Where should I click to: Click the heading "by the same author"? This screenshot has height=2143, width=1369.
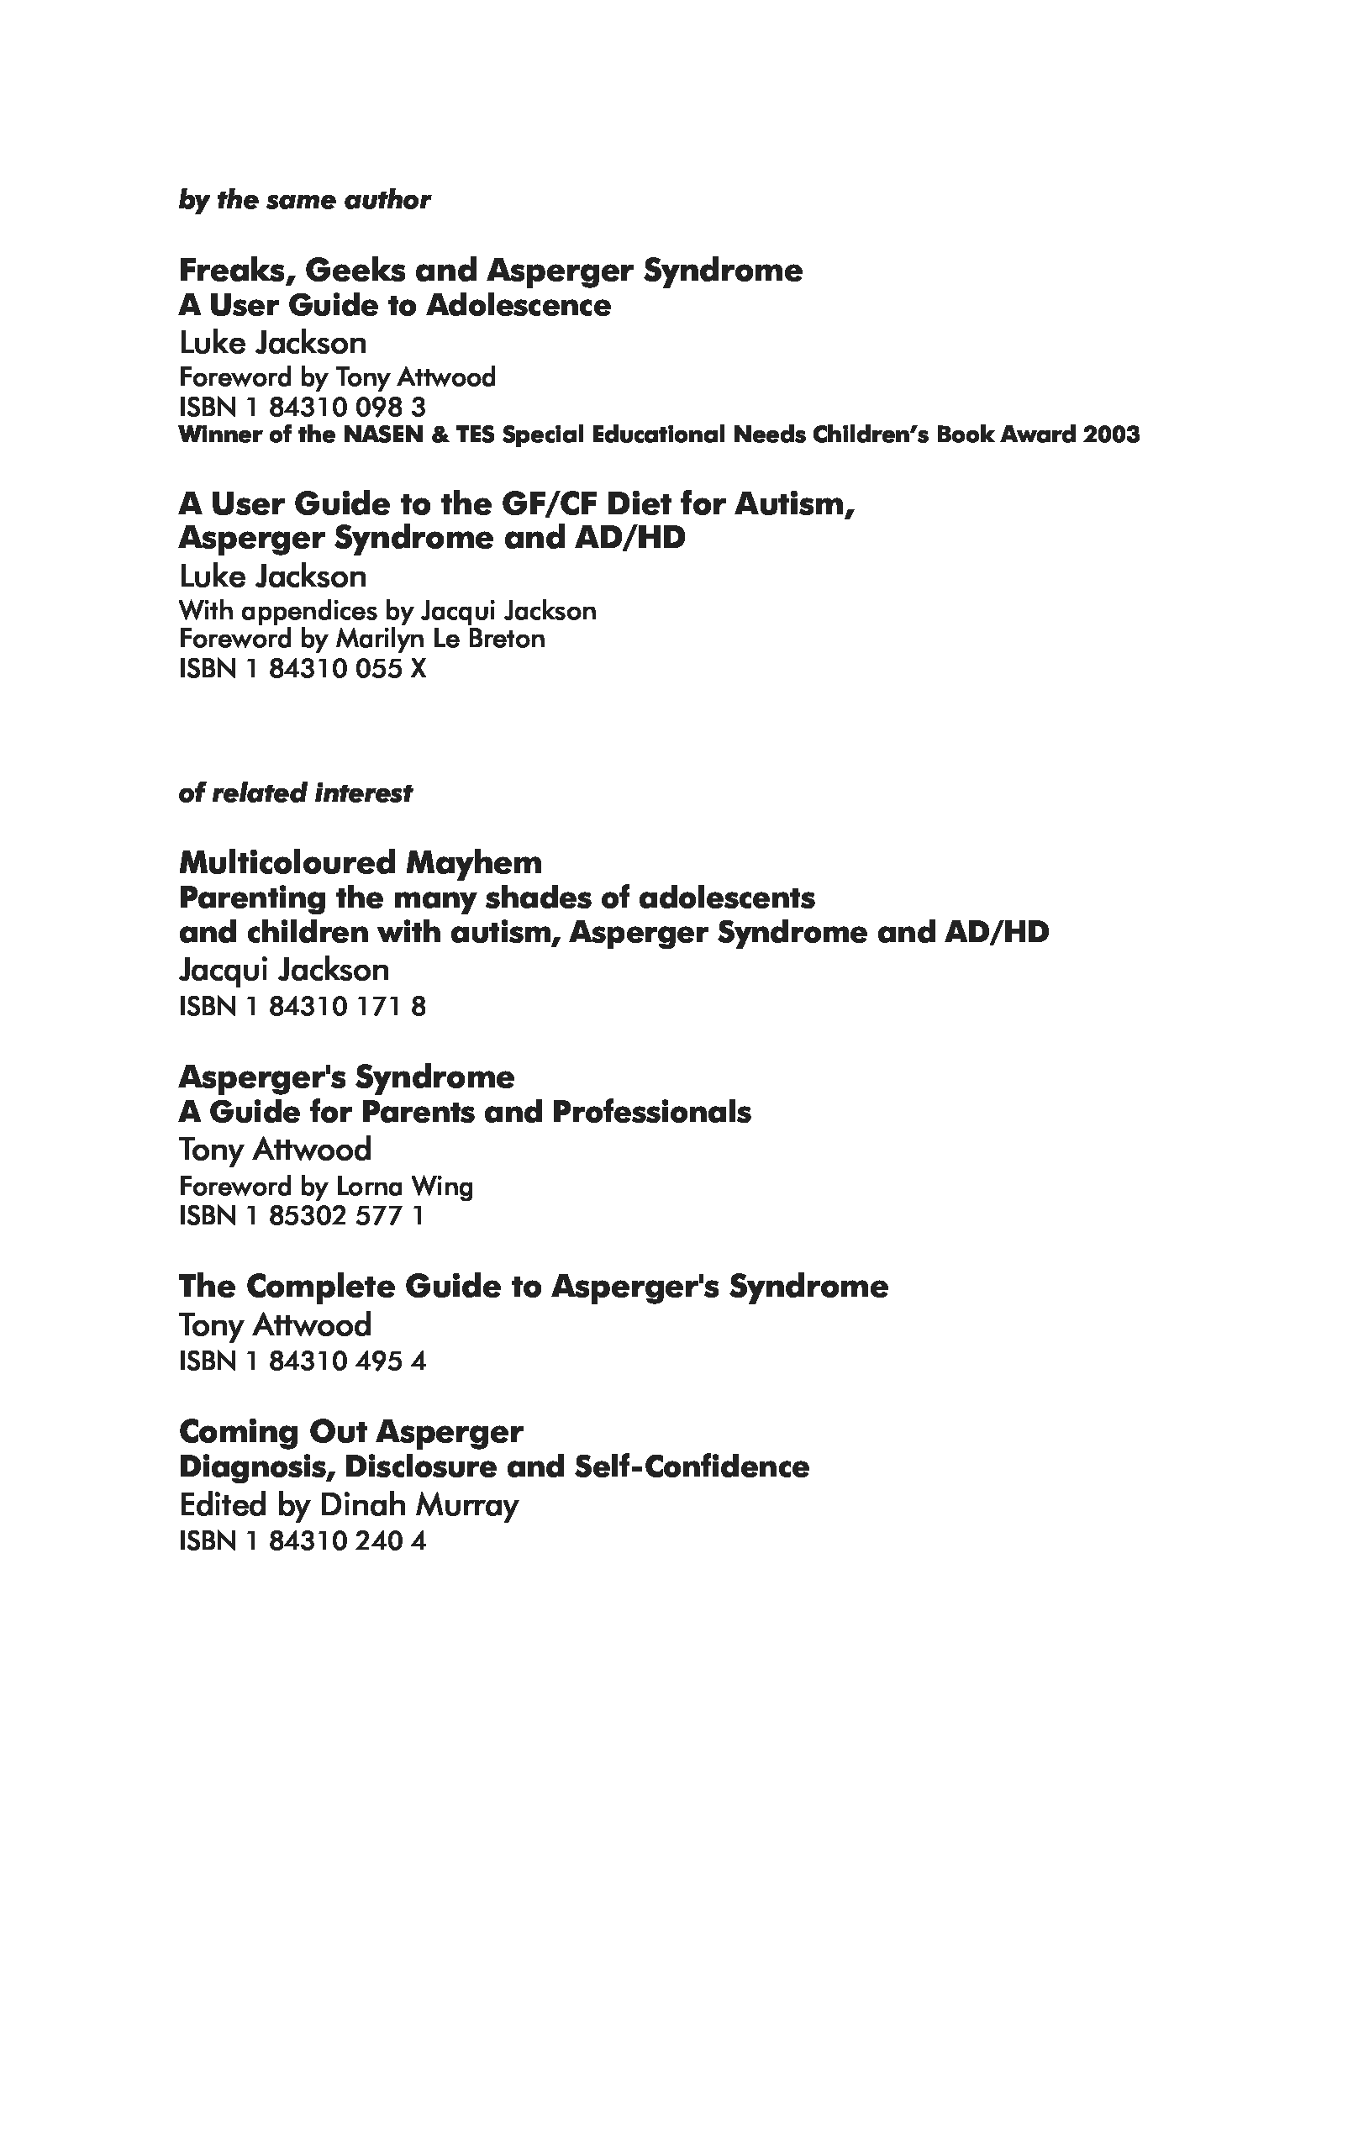coord(304,200)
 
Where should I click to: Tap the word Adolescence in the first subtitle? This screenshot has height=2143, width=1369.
coord(518,306)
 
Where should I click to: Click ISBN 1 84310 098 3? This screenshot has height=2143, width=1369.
coord(302,408)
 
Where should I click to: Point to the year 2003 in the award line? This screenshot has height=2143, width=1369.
coord(1112,434)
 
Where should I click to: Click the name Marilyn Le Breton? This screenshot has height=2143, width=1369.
coord(440,639)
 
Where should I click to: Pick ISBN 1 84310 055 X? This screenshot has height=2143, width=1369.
coord(302,668)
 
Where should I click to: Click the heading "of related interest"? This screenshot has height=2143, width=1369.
coord(295,793)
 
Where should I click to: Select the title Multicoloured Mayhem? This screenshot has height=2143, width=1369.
coord(360,862)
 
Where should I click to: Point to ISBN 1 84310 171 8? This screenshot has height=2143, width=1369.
coord(302,1007)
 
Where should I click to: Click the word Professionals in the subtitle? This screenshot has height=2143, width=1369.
coord(650,1113)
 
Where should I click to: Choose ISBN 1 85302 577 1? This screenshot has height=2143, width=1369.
coord(301,1216)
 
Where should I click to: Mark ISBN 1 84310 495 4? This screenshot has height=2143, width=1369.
coord(302,1361)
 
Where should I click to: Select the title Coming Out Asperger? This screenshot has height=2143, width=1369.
coord(350,1432)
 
